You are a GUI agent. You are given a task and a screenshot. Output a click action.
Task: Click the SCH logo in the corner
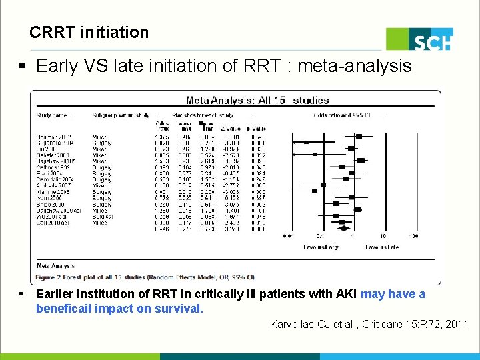(x=421, y=39)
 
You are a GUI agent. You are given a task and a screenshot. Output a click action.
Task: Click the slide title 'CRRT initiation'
(x=89, y=32)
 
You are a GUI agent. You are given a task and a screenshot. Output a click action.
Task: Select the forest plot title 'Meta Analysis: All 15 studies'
(x=257, y=101)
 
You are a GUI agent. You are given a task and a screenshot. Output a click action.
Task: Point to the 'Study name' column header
(x=53, y=115)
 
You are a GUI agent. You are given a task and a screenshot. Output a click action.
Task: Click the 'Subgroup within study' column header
(x=120, y=115)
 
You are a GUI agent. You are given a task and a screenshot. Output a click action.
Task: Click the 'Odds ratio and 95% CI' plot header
(x=340, y=115)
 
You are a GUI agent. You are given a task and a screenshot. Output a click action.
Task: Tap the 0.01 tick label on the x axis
(x=288, y=236)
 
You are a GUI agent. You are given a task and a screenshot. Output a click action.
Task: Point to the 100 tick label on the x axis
(x=413, y=236)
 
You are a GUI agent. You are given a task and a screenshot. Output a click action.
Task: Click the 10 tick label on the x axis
(x=383, y=236)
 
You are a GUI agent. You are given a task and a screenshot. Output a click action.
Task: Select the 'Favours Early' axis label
(x=322, y=247)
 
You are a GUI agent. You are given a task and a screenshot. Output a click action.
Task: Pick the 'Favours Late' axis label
(x=383, y=247)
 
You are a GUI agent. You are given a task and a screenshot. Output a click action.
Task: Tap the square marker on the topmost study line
(x=359, y=136)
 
